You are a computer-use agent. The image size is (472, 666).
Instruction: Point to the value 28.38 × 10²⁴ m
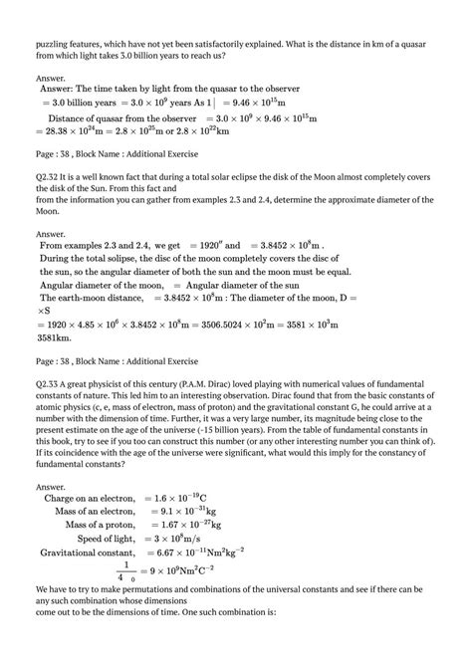tap(81, 129)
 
